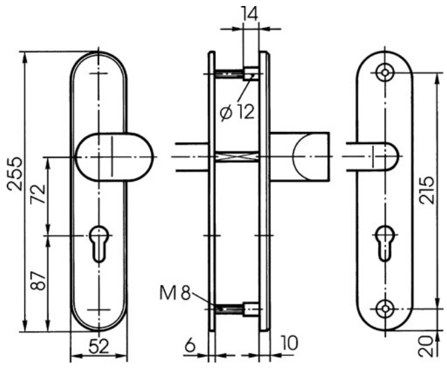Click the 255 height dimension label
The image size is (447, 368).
point(14,174)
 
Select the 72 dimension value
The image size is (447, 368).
point(38,194)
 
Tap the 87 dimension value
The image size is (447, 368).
point(38,281)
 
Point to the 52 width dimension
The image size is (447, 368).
point(99,347)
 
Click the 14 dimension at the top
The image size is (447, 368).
point(249,13)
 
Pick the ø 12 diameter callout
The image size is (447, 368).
point(237,111)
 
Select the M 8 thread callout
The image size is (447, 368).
point(174,293)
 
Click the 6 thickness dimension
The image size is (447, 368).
point(190,345)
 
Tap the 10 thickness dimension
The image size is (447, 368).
point(289,343)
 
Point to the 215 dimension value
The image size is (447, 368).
point(427,190)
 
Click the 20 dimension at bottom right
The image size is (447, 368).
point(427,347)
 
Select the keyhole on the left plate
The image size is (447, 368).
point(99,244)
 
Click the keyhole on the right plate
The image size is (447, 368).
point(385,244)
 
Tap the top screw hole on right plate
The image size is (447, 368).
point(385,72)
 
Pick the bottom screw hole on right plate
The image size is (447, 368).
point(385,309)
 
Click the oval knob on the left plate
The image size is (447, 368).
point(115,157)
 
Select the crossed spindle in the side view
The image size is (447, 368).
point(237,157)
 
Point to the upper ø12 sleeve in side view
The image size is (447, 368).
point(251,74)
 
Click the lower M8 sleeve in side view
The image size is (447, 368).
point(251,309)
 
